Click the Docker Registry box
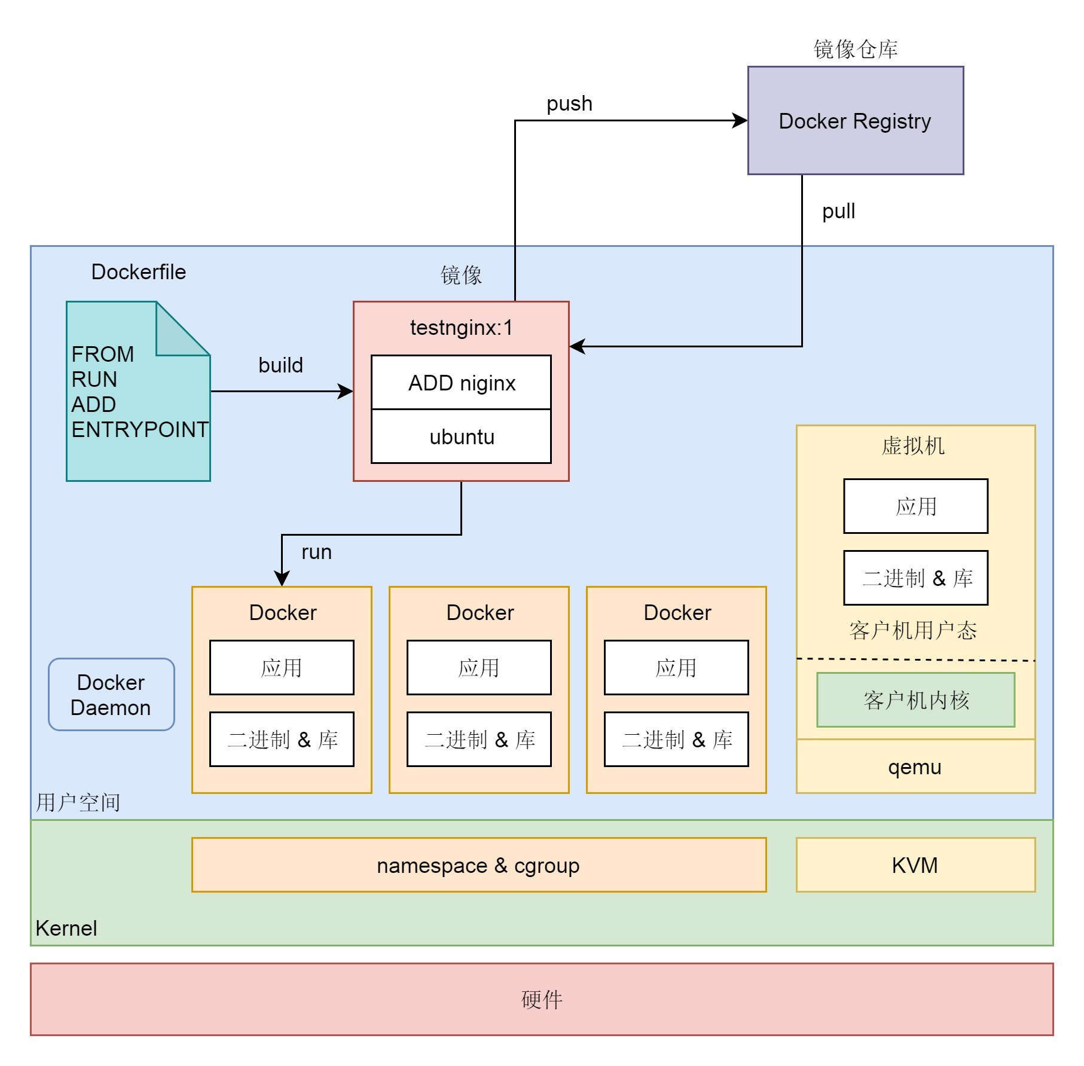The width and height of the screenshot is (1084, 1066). click(x=855, y=121)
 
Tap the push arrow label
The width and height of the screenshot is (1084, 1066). click(x=569, y=103)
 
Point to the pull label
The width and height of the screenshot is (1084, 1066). click(x=838, y=211)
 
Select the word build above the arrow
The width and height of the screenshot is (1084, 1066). click(x=280, y=365)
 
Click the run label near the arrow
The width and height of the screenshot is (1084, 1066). click(x=316, y=552)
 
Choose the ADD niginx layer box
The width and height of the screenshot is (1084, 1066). click(x=461, y=383)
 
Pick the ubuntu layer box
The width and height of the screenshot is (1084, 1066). click(x=461, y=436)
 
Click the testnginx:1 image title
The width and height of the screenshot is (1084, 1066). click(x=461, y=328)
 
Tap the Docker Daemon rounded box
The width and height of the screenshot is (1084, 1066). click(x=111, y=695)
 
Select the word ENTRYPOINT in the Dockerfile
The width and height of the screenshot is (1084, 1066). click(x=140, y=429)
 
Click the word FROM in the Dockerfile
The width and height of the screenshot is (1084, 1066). click(x=102, y=354)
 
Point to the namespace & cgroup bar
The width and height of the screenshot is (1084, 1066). click(x=478, y=865)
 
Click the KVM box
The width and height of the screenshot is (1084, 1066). click(x=915, y=865)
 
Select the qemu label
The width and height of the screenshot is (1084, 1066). click(x=915, y=767)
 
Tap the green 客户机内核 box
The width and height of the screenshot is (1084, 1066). click(x=915, y=700)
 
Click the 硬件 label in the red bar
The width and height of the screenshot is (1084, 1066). click(x=542, y=1000)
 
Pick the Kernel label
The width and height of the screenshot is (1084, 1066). click(x=66, y=928)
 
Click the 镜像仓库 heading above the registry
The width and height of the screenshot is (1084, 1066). click(x=855, y=49)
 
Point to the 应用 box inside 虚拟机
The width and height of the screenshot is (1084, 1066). click(x=915, y=506)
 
